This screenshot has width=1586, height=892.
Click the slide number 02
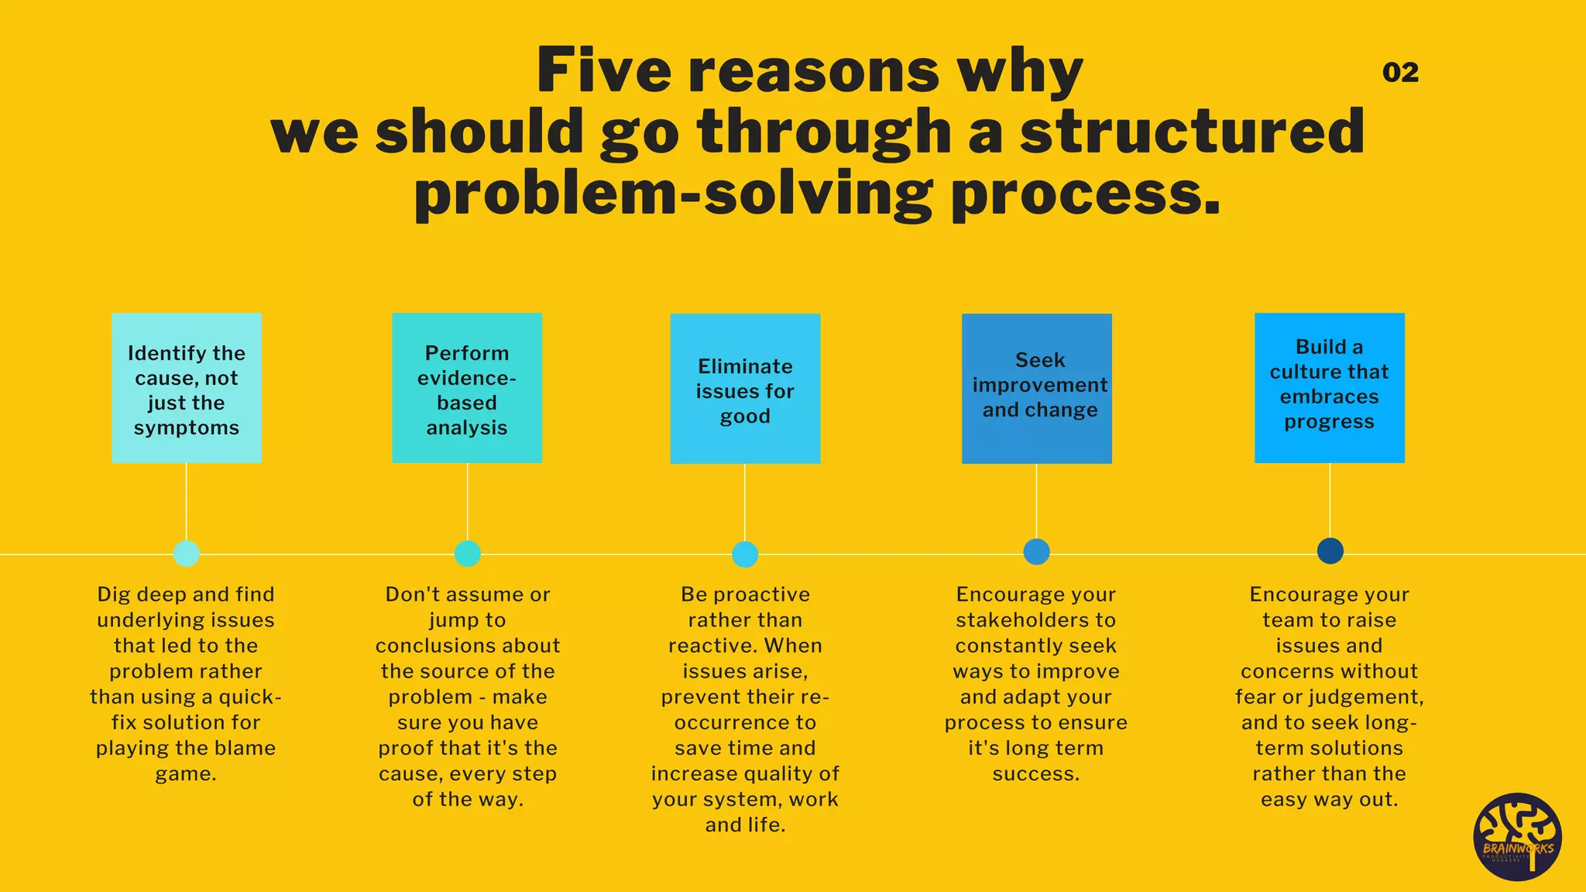click(x=1400, y=73)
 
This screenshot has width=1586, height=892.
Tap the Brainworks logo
click(x=1517, y=837)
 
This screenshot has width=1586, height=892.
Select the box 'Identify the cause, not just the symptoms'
click(x=187, y=388)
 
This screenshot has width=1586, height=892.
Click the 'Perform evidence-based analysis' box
click(x=467, y=388)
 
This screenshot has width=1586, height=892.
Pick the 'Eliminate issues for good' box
click(x=745, y=389)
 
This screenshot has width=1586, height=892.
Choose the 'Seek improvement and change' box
click(x=1037, y=389)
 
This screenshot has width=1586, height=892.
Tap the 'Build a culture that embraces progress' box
click(x=1330, y=388)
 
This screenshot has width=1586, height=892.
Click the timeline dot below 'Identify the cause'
click(x=187, y=554)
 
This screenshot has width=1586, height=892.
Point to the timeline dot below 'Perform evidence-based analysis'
click(x=467, y=554)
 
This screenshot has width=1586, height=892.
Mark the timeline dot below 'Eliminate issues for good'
click(x=745, y=554)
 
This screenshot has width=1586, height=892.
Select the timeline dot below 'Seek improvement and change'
click(x=1036, y=552)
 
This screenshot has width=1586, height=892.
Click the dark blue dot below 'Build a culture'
click(x=1330, y=551)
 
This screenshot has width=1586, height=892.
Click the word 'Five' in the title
click(x=603, y=71)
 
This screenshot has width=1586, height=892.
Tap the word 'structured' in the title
click(x=1192, y=132)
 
